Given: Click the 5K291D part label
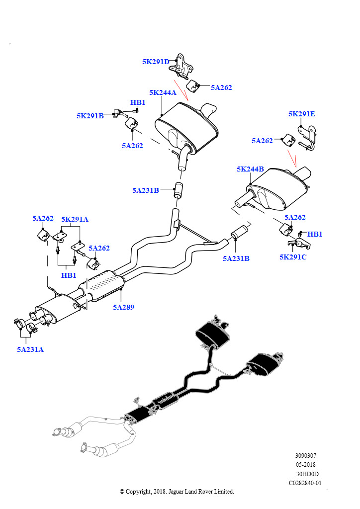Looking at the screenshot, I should point(156,62).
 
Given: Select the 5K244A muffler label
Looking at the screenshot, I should point(163,92).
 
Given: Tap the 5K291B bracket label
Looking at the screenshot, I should point(90,116).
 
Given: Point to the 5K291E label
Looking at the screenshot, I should point(302,114).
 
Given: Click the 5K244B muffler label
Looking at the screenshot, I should point(250,169).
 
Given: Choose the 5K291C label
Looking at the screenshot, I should point(293,257).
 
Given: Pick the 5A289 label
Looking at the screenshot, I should point(123,307).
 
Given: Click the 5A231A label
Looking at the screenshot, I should point(30,349).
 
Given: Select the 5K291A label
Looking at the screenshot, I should point(75,219).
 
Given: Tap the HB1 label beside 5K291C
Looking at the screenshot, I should point(315,234).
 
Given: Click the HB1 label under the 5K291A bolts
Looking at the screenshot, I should point(69,275).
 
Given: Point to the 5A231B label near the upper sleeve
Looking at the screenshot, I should point(146,190).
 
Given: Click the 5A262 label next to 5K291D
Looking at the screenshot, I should point(221,87).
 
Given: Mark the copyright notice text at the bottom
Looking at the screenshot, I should point(177,491).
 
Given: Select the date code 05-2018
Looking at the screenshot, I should point(305,465).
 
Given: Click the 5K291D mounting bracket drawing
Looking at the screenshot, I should point(180,67).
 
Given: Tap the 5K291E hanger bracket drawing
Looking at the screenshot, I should point(307,137).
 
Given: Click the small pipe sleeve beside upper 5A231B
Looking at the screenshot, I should point(179,190).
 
